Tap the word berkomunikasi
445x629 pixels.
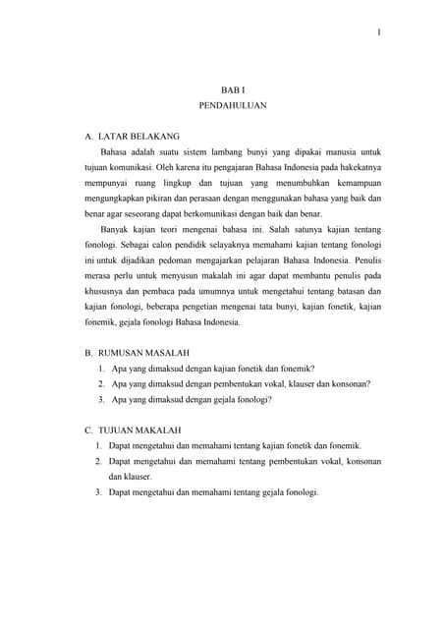[x=235, y=214]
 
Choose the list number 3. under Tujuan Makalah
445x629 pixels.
[x=99, y=491]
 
